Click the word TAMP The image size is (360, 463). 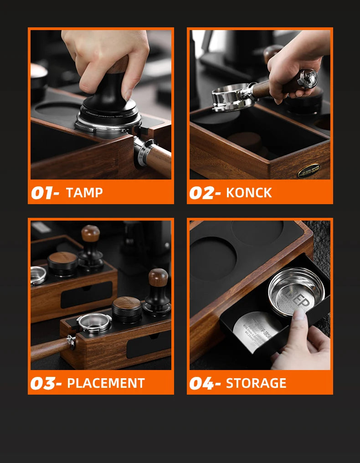(84, 193)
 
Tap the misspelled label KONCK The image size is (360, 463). (249, 193)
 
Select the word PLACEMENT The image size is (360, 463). (106, 383)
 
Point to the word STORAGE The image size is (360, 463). (256, 383)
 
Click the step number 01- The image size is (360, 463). (45, 193)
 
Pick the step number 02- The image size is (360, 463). (205, 193)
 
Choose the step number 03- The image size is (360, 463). (46, 383)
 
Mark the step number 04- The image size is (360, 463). (205, 383)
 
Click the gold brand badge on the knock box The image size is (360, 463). (309, 171)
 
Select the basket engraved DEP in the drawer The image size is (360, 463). (296, 291)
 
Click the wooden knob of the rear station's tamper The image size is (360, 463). (90, 233)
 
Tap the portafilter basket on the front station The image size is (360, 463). (94, 322)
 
